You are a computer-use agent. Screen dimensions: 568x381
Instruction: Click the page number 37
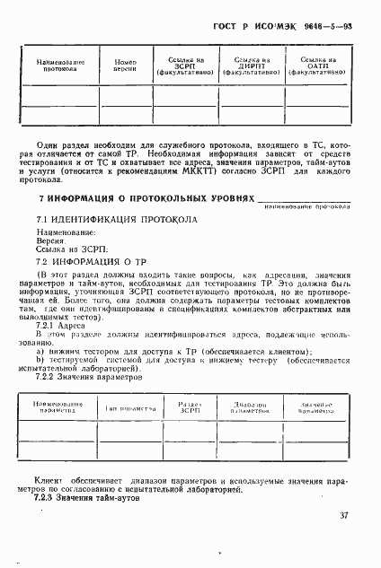344,514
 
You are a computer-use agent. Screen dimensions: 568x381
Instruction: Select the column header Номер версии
125,64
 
